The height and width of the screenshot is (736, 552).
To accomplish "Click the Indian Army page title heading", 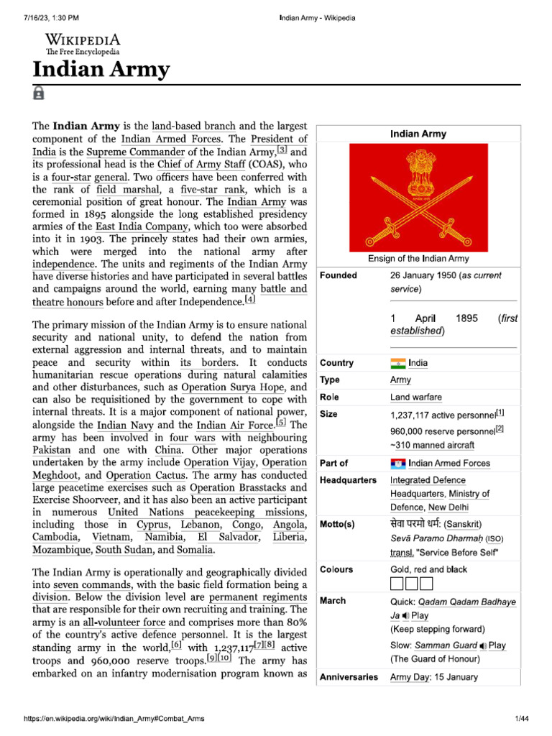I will [101, 70].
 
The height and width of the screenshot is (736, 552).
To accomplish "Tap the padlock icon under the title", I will [38, 93].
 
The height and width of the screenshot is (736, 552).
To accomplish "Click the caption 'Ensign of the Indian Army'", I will [418, 258].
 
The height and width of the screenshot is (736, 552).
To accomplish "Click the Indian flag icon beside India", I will [397, 363].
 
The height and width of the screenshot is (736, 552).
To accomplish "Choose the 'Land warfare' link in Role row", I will [416, 397].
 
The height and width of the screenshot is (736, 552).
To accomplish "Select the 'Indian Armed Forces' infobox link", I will [449, 463].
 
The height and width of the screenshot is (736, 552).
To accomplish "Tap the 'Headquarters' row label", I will [348, 480].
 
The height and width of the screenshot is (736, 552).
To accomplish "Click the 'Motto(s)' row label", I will [338, 525].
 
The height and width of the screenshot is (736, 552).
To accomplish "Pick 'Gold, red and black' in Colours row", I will [428, 569].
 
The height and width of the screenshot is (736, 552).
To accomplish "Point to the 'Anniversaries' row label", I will [349, 677].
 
